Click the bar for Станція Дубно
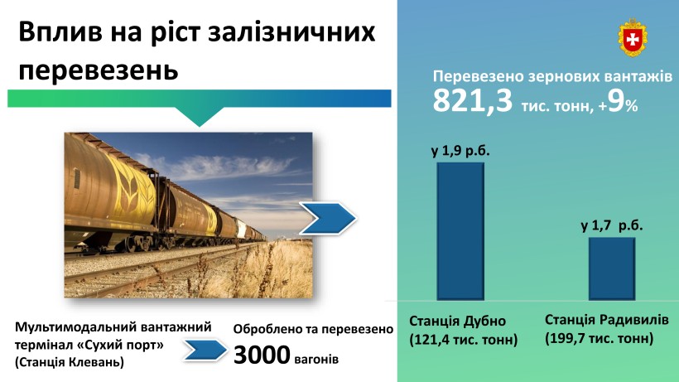pos(460,231)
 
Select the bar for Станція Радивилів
pos(612,268)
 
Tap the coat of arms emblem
pos(633,37)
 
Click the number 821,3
pos(473,101)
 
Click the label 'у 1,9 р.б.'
pos(460,151)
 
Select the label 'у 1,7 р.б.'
pos(611,225)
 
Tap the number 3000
pos(262,355)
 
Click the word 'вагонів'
pos(316,359)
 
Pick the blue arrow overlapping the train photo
pos(328,218)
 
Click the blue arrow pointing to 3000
pos(205,350)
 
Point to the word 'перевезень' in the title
pos(99,70)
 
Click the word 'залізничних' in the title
pos(291,32)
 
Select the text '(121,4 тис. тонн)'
pos(464,339)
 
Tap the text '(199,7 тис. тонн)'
pos(599,338)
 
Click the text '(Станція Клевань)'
pos(70,362)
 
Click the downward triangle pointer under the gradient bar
pos(200,117)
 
